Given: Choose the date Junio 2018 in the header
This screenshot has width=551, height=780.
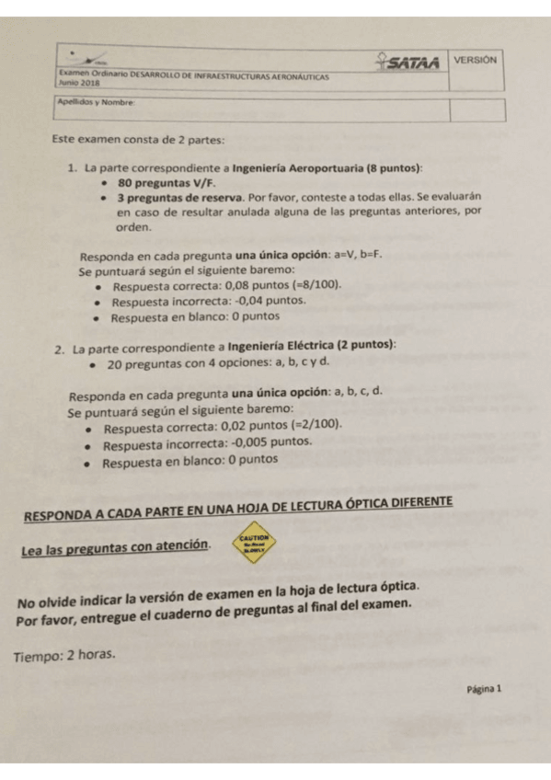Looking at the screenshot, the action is click(79, 83).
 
